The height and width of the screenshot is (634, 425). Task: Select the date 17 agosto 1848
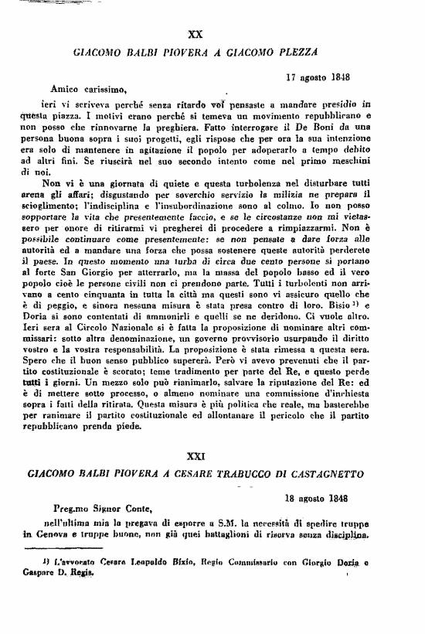pos(318,77)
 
